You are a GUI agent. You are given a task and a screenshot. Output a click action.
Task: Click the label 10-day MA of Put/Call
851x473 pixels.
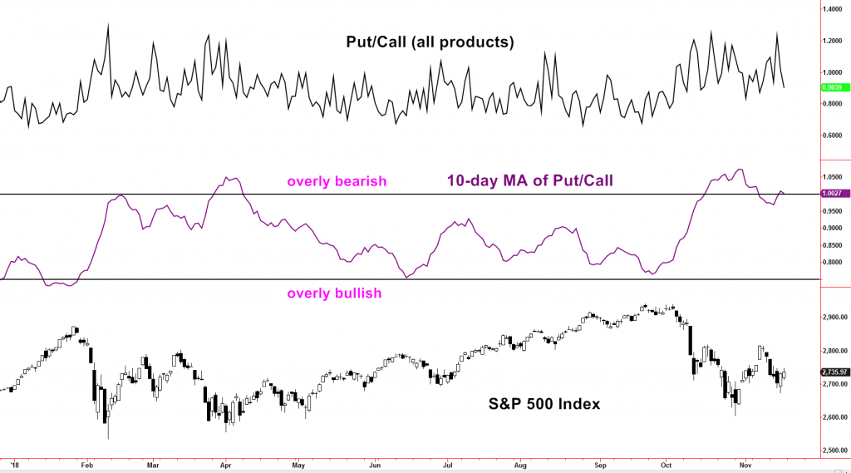coord(530,180)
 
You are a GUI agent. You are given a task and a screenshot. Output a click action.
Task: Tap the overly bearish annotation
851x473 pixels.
coord(337,181)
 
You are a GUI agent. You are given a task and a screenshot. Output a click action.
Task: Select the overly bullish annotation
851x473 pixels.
coord(334,293)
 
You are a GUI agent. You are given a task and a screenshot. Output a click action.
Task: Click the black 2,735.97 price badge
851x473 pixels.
coord(834,372)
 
